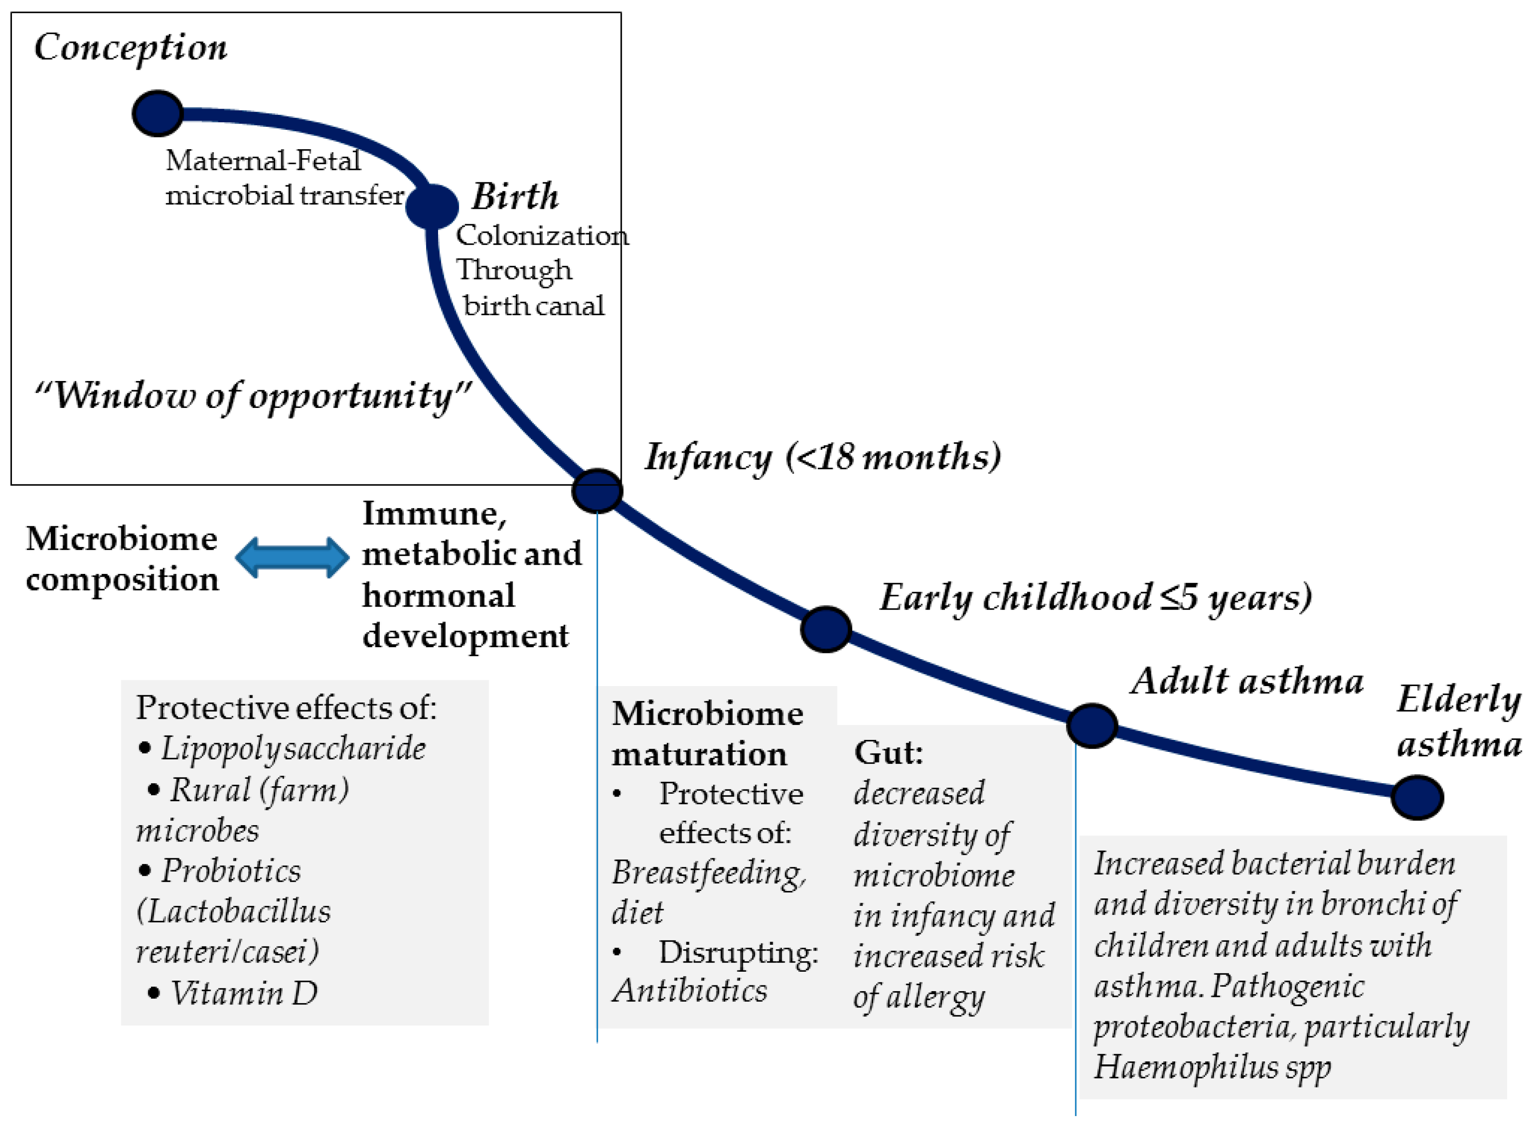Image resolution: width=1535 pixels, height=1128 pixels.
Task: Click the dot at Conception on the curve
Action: pyautogui.click(x=158, y=113)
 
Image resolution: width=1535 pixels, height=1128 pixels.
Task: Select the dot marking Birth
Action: pyautogui.click(x=431, y=206)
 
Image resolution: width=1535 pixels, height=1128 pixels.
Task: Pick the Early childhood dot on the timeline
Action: pyautogui.click(x=825, y=629)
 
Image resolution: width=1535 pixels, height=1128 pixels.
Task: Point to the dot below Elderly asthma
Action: pyautogui.click(x=1418, y=797)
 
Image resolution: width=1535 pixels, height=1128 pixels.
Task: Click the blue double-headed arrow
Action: pyautogui.click(x=292, y=557)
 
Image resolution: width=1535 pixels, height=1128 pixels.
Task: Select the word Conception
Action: pyautogui.click(x=130, y=48)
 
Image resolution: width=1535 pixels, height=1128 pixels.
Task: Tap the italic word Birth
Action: pyautogui.click(x=515, y=196)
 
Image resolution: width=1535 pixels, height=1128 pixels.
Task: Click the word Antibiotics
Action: pyautogui.click(x=690, y=991)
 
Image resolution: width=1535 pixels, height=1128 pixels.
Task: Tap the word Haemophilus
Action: pyautogui.click(x=1186, y=1067)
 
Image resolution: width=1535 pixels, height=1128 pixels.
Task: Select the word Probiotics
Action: pyautogui.click(x=231, y=871)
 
